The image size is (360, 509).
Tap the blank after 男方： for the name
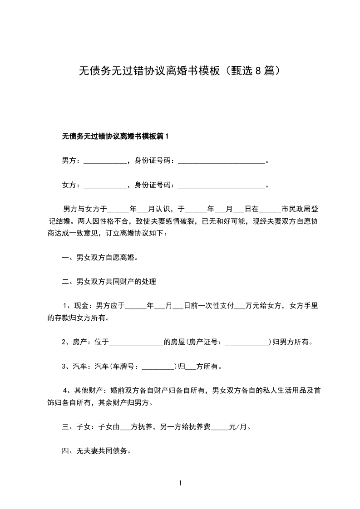point(106,161)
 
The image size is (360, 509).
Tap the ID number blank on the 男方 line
point(221,161)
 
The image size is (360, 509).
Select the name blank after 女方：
point(106,185)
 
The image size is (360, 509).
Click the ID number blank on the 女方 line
point(221,185)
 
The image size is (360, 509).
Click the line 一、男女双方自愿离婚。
point(100,258)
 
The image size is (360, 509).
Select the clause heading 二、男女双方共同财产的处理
point(109,282)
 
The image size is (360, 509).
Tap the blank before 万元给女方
point(239,307)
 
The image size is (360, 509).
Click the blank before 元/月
point(220,427)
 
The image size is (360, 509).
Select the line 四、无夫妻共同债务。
point(96,451)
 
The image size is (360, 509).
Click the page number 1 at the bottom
point(180,484)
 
